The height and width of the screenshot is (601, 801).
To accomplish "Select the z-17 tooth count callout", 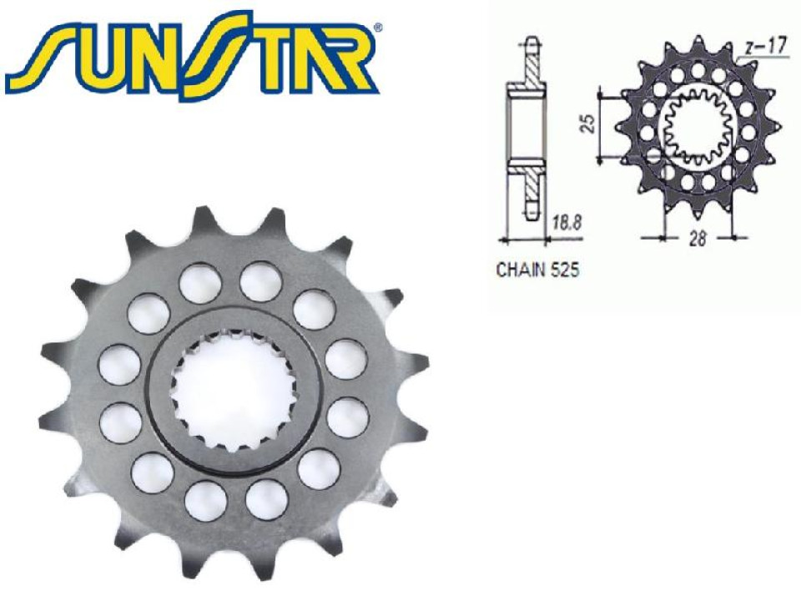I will coord(766,48).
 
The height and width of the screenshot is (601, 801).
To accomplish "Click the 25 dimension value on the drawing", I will coord(589,124).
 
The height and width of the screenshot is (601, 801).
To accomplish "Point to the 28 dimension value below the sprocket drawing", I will coord(698,239).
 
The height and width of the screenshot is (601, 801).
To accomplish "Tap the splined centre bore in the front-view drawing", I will coord(698,127).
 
